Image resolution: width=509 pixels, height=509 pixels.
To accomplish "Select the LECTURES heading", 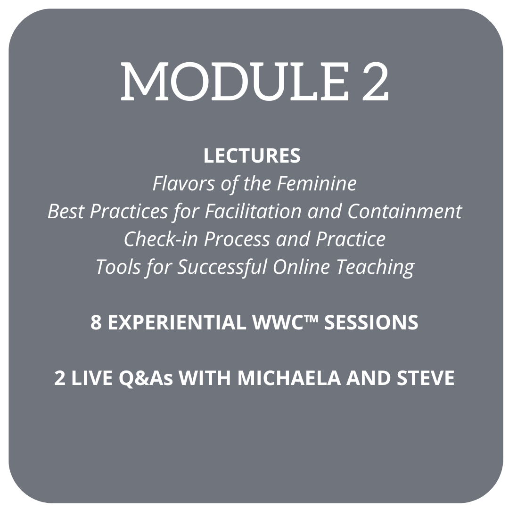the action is [x=252, y=156].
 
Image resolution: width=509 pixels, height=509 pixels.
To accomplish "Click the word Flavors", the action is [x=184, y=183].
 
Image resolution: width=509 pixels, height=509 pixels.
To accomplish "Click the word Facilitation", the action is [x=254, y=211].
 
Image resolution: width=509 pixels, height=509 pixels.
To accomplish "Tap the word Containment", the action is [x=405, y=211].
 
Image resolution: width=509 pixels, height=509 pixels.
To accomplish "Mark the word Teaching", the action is [x=375, y=268].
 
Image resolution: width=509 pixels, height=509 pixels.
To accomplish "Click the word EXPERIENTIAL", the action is [x=177, y=322].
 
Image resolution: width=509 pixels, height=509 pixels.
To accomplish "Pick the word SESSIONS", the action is [x=371, y=322].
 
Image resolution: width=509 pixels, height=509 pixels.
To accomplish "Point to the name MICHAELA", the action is [x=289, y=378].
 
